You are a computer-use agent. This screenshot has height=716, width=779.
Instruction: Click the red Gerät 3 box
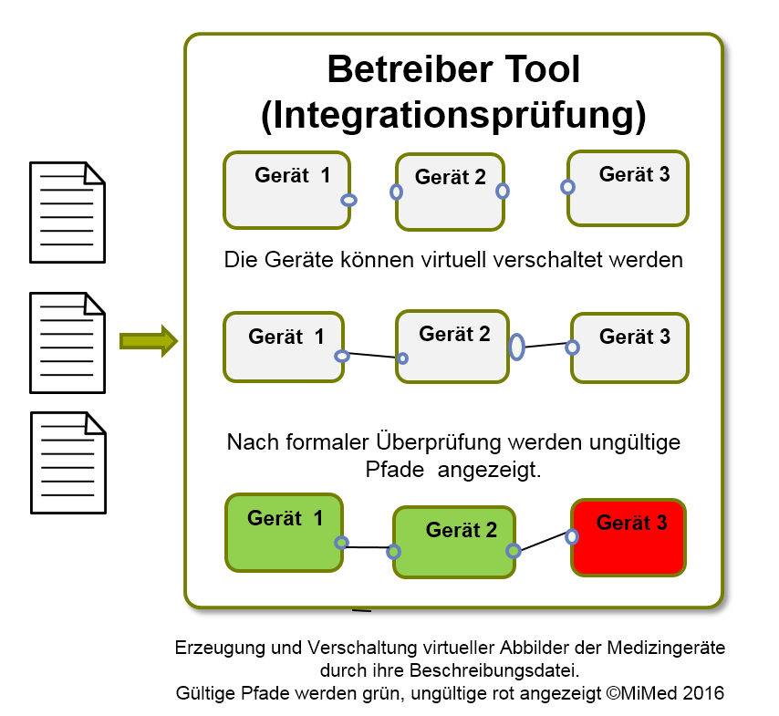pyautogui.click(x=628, y=537)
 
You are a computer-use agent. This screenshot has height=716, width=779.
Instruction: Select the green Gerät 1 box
pyautogui.click(x=285, y=534)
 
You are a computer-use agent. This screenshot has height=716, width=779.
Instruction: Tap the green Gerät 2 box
pyautogui.click(x=453, y=542)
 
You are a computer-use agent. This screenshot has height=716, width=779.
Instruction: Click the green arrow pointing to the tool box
pyautogui.click(x=147, y=341)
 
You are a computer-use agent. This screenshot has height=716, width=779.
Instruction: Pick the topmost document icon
pyautogui.click(x=68, y=212)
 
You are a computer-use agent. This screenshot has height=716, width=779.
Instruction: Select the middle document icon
pyautogui.click(x=68, y=342)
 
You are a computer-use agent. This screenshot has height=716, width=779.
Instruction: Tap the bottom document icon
pyautogui.click(x=68, y=462)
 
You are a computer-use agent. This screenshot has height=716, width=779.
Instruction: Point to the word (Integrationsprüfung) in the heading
pyautogui.click(x=453, y=116)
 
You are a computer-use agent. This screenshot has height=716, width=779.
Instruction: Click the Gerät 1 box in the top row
pyautogui.click(x=287, y=189)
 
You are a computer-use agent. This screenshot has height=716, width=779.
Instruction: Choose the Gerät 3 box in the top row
pyautogui.click(x=628, y=188)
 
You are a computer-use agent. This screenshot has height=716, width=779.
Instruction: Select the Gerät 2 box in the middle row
pyautogui.click(x=452, y=347)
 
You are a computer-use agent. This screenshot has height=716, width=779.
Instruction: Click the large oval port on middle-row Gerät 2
pyautogui.click(x=516, y=347)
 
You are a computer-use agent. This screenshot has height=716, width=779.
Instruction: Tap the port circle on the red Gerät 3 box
pyautogui.click(x=573, y=536)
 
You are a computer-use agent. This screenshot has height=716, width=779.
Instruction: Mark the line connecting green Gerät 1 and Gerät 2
pyautogui.click(x=368, y=547)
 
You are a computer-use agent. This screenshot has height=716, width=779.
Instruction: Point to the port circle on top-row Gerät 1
pyautogui.click(x=348, y=201)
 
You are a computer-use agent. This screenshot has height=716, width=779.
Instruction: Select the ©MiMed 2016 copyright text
pyautogui.click(x=665, y=692)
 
